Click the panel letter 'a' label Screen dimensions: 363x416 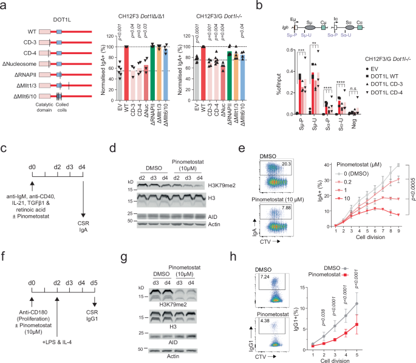pyautogui.click(x=4, y=5)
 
